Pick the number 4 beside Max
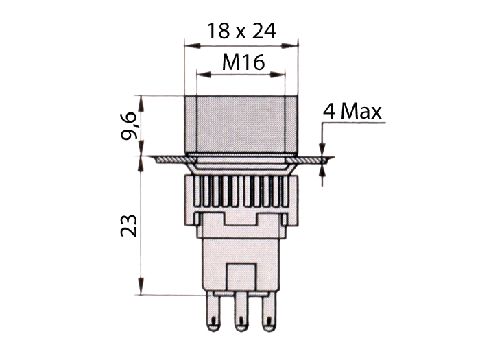point(330,111)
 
